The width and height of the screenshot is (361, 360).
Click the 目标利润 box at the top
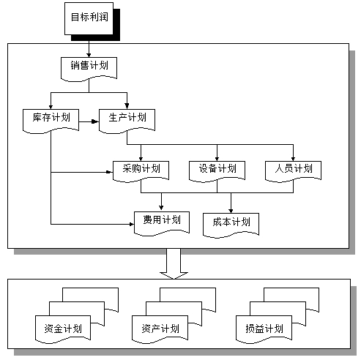click(x=89, y=18)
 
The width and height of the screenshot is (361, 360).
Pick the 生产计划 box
click(x=126, y=119)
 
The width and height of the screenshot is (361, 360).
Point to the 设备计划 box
click(x=217, y=169)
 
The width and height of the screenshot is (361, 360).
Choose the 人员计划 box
click(x=293, y=169)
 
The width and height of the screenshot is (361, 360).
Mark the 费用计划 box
click(x=161, y=220)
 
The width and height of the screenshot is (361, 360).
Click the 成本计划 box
click(x=231, y=222)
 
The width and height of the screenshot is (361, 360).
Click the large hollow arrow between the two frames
click(x=174, y=263)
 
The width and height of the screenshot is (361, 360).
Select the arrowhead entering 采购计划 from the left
click(x=110, y=173)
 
